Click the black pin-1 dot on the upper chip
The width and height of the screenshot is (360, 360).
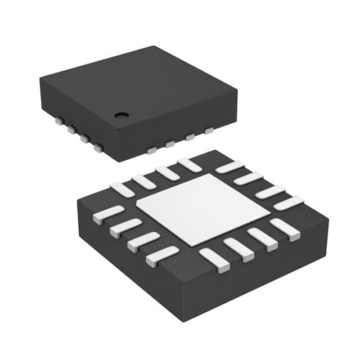(x=120, y=116)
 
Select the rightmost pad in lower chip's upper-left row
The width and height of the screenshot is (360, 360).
(x=188, y=165)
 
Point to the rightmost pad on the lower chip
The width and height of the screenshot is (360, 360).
(x=288, y=203)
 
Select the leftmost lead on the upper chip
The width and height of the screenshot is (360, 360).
(x=58, y=121)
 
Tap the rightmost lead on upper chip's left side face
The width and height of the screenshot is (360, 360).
(x=98, y=148)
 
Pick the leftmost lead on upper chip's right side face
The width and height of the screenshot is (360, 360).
(x=152, y=150)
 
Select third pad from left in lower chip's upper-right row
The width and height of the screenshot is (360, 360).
(x=269, y=191)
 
